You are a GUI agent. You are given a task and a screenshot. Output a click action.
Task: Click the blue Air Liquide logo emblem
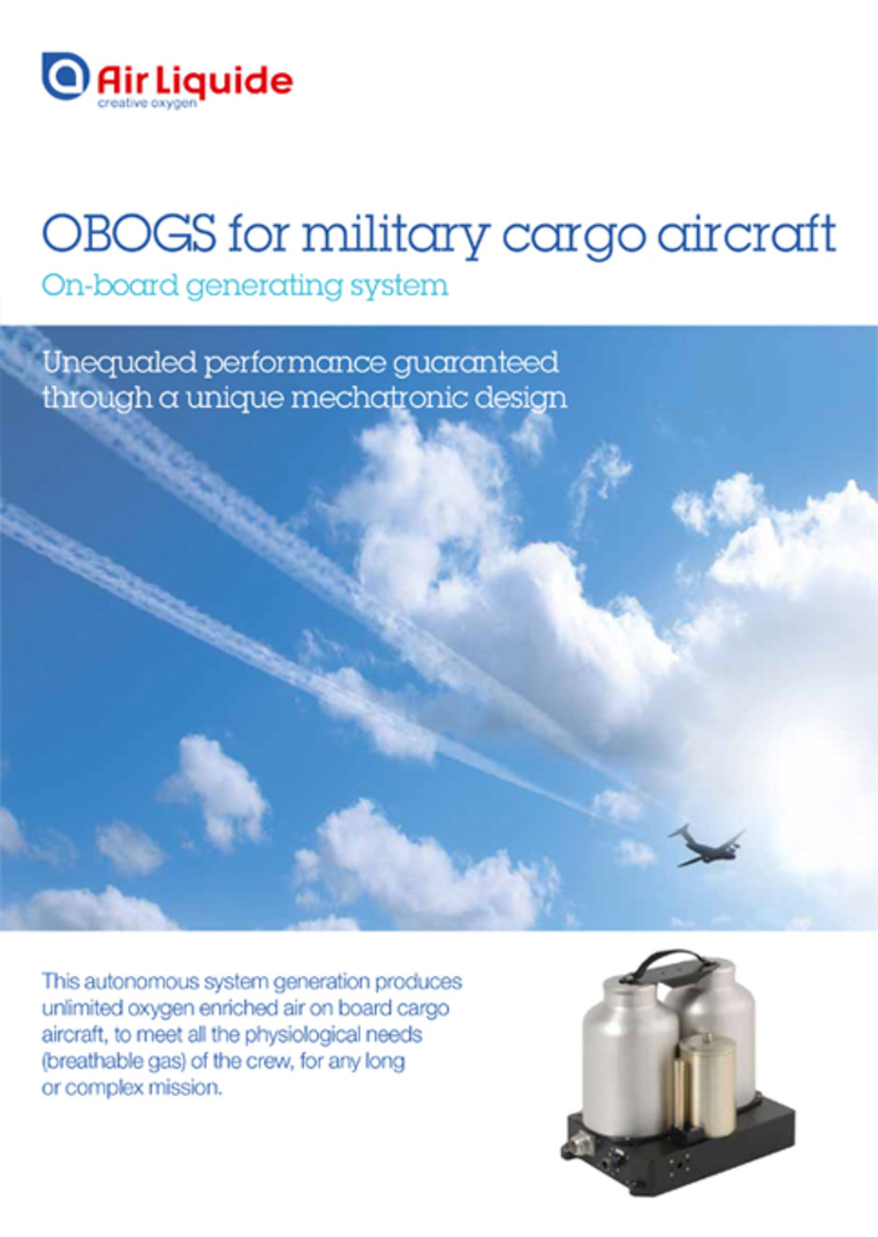coord(66,76)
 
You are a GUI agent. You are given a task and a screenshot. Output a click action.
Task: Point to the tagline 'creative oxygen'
coord(147,103)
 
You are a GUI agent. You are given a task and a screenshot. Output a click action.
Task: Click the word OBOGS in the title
coord(129,234)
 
